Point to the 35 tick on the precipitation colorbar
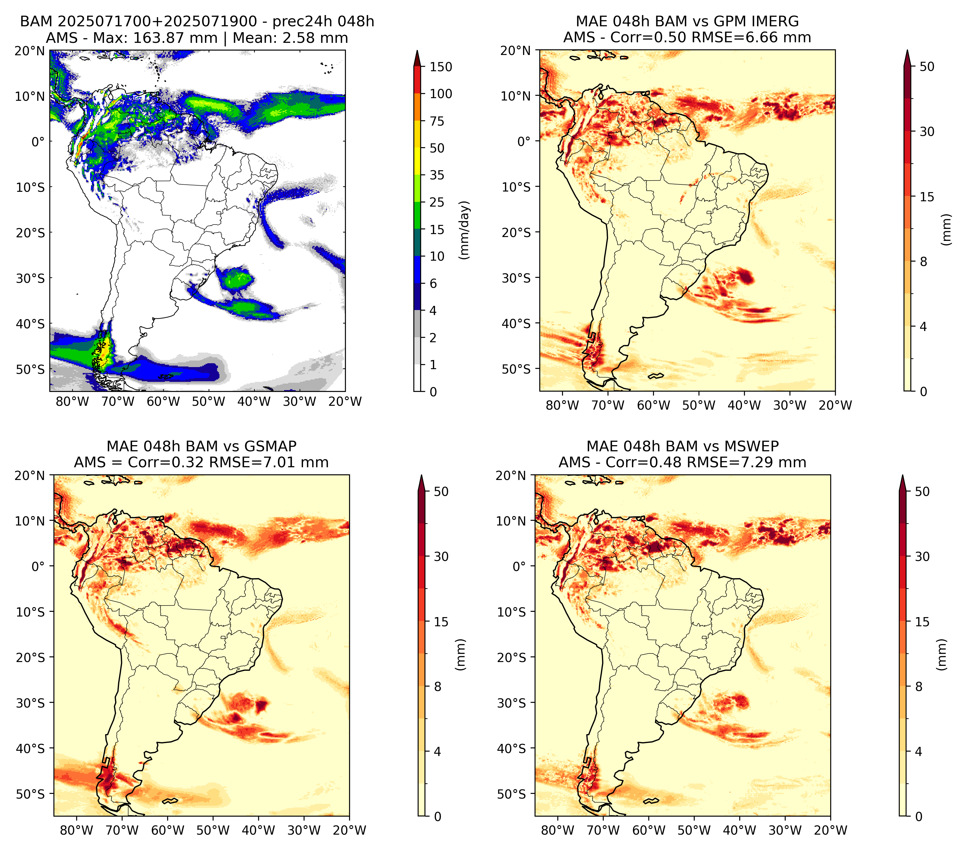point(437,175)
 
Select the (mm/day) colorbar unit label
point(465,230)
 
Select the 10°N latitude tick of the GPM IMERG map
point(516,96)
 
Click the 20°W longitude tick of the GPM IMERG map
point(836,405)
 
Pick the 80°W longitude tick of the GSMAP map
point(76,830)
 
